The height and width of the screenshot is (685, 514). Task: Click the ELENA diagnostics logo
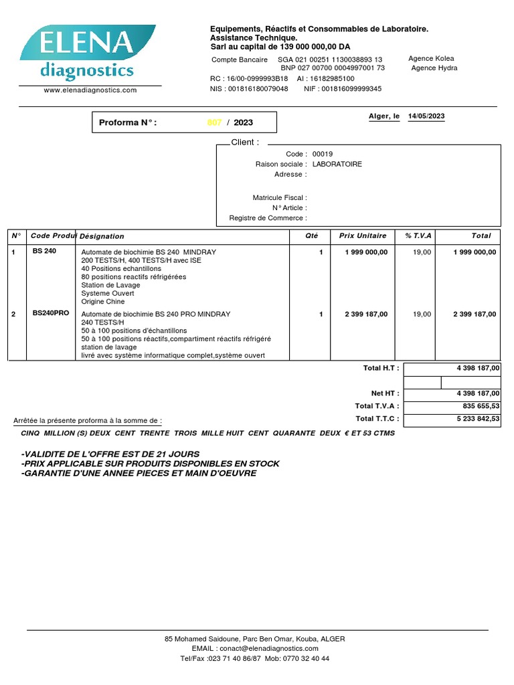coord(88,54)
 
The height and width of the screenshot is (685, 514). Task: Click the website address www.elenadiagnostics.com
coord(90,90)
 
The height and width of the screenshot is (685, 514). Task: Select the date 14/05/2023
coord(426,116)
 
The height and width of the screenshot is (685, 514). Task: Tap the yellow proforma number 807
coord(214,122)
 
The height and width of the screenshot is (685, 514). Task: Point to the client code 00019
coord(323,154)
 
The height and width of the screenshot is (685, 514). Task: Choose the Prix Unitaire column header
coord(363,235)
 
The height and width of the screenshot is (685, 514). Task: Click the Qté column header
coord(312,235)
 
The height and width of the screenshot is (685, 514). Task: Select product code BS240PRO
coord(51,313)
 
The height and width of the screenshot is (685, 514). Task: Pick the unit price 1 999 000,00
coord(366,252)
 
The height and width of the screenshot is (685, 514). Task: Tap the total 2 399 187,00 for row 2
coord(475,314)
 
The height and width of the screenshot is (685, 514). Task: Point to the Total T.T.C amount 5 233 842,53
coord(476,419)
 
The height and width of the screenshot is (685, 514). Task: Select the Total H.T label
coord(381,368)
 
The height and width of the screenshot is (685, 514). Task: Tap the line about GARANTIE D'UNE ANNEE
coord(139,474)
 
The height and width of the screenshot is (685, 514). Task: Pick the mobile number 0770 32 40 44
coord(307,658)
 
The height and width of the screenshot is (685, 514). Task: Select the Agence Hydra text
coord(434,68)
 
